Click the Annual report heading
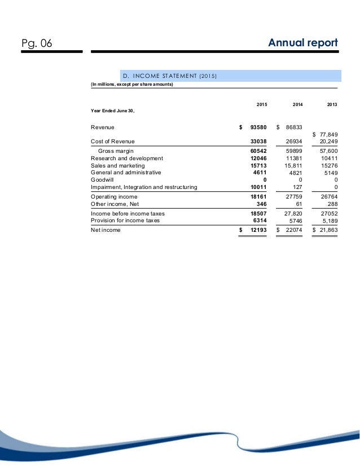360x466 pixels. (x=303, y=43)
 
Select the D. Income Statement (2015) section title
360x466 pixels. (x=170, y=76)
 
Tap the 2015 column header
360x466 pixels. (x=262, y=105)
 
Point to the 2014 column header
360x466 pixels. (x=297, y=105)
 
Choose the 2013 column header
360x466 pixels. (x=332, y=105)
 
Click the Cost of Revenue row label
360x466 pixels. (x=113, y=141)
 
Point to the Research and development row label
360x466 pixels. (x=127, y=159)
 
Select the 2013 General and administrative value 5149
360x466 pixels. (x=329, y=173)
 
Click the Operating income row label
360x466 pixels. (x=115, y=197)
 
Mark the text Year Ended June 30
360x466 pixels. (x=113, y=111)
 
